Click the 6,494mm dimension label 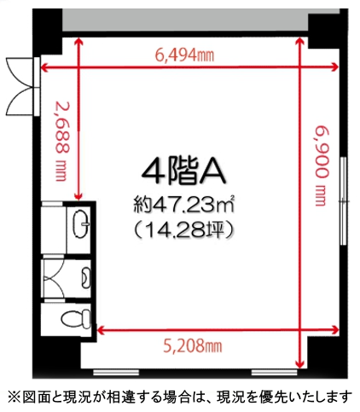point(184,55)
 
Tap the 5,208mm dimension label point(193,345)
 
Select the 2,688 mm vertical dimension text point(61,142)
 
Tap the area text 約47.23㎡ point(184,205)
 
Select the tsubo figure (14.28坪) point(184,229)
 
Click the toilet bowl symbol point(76,319)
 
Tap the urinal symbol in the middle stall point(86,276)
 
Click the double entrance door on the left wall point(23,86)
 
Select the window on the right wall point(344,200)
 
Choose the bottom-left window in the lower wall point(116,372)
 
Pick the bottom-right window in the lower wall point(275,372)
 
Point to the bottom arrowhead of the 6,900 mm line point(299,363)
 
